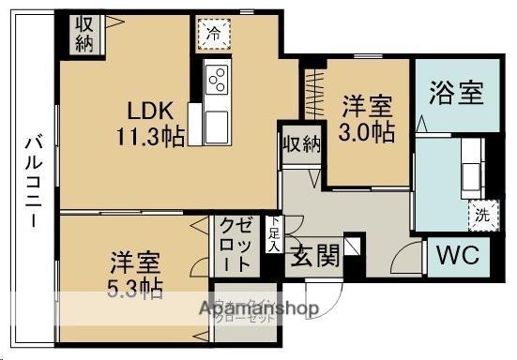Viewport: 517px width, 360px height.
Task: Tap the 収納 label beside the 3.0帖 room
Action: tap(300, 145)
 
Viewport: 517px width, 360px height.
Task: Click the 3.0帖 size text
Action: tap(366, 132)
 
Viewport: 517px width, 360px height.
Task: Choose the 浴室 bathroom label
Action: tap(456, 93)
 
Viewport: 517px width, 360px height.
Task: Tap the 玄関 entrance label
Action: tap(314, 255)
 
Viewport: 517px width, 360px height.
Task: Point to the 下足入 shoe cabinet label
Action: tap(272, 233)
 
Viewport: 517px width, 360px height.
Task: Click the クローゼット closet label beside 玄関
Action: tap(235, 243)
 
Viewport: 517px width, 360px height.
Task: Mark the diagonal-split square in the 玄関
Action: tap(352, 247)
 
